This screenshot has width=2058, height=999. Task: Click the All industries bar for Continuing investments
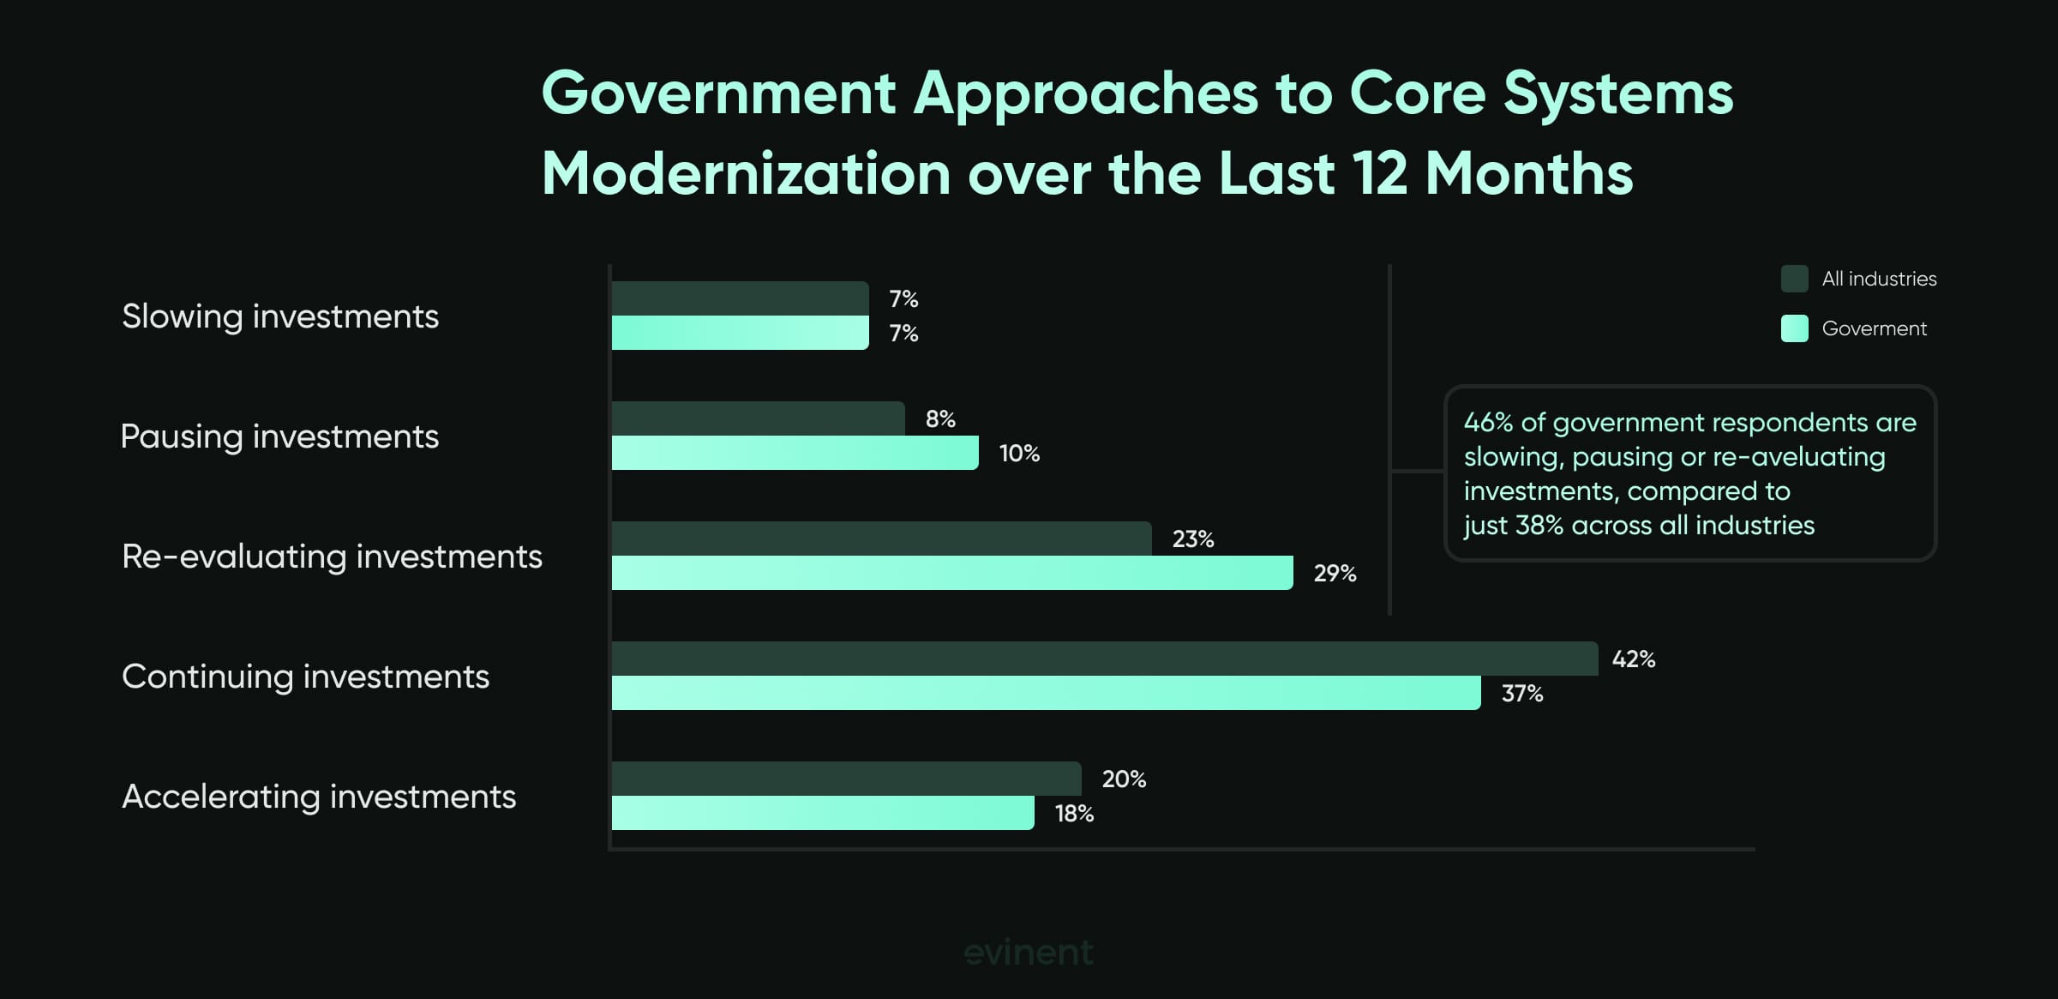click(x=1104, y=659)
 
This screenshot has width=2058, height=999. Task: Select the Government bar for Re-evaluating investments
click(x=951, y=573)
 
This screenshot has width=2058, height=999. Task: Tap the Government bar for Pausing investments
click(x=795, y=453)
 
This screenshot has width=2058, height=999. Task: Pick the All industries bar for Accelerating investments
click(x=846, y=779)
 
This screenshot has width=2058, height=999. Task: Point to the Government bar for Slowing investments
click(x=740, y=333)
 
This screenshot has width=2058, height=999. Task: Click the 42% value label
click(x=1633, y=659)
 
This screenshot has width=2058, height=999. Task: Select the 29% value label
click(x=1335, y=573)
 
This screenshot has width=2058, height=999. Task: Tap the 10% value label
click(x=1019, y=453)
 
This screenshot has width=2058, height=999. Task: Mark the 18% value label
click(x=1074, y=813)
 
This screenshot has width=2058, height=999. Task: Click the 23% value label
click(x=1192, y=539)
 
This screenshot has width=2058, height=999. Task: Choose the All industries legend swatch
click(x=1794, y=279)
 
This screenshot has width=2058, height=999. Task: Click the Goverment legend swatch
click(x=1794, y=328)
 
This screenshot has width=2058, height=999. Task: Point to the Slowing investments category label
click(x=280, y=316)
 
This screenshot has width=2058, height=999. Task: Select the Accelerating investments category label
click(x=319, y=797)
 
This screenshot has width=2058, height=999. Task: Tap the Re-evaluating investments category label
click(x=332, y=557)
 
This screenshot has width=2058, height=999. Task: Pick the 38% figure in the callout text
click(x=1539, y=526)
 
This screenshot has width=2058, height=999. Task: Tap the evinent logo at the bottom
click(x=1029, y=953)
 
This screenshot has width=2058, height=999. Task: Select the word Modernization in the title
click(x=746, y=174)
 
